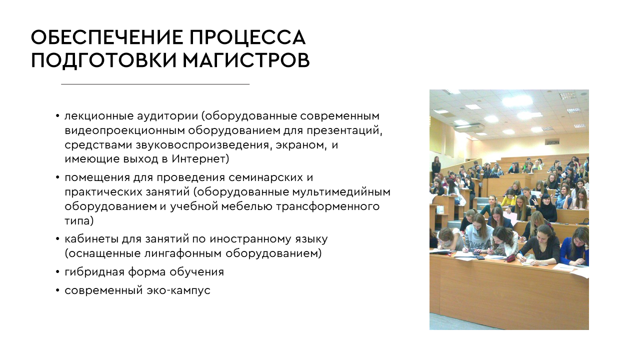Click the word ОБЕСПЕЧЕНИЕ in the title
107,37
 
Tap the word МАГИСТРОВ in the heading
246,60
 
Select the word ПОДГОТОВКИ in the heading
103,60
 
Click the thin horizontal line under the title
155,84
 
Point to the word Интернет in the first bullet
200,159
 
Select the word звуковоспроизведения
202,145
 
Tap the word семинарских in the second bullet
265,177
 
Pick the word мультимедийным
341,192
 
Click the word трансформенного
327,206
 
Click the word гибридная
94,272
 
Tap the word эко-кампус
178,290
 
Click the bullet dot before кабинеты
57,239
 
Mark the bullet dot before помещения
57,177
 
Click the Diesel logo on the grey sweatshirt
476,245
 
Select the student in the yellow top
508,199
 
